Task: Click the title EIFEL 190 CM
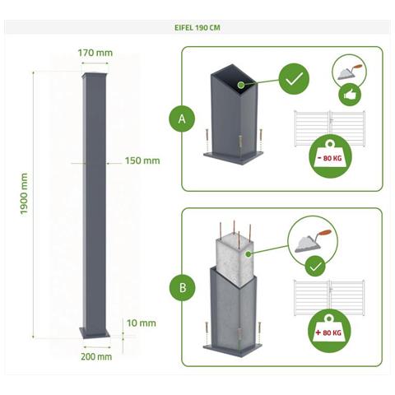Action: coord(197,27)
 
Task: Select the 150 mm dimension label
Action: coord(142,160)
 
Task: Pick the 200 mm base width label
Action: coord(97,356)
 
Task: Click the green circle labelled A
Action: coord(182,118)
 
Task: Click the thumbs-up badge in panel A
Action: coord(345,96)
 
